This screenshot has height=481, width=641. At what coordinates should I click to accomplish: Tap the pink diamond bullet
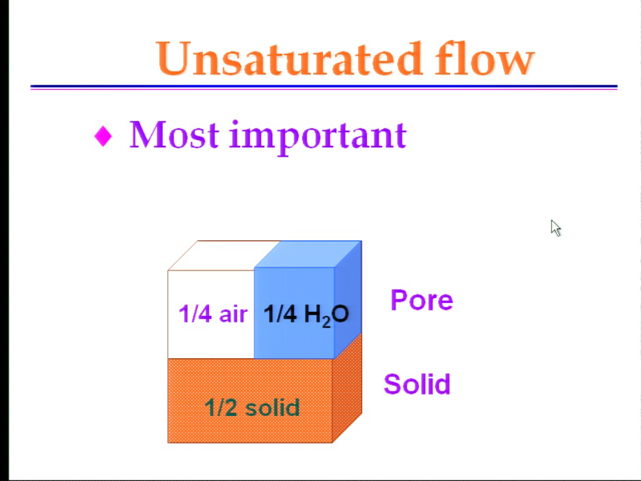pos(103,136)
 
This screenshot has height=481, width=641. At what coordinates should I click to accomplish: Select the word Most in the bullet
pos(174,135)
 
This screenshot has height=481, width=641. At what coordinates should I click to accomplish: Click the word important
pos(318,137)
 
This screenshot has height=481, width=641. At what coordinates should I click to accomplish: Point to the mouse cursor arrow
pos(556,228)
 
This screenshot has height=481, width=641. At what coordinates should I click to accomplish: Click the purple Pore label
pos(421,300)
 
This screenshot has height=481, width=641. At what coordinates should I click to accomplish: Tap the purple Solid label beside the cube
pos(417,384)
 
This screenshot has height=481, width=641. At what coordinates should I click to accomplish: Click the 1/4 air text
pos(213,314)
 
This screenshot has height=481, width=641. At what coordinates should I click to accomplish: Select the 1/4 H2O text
pos(306,315)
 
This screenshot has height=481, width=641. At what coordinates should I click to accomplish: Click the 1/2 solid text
pos(252,407)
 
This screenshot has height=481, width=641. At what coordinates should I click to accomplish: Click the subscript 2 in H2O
pos(326,322)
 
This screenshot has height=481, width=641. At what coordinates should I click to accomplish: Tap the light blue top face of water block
pos(308,254)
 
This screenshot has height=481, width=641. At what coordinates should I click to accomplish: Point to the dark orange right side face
pos(347,388)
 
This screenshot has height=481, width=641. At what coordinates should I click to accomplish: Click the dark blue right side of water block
pos(348,295)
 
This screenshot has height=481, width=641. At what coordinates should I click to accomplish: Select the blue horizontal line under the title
pos(324,87)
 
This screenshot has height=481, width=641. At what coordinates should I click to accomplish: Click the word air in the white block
pos(233,314)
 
